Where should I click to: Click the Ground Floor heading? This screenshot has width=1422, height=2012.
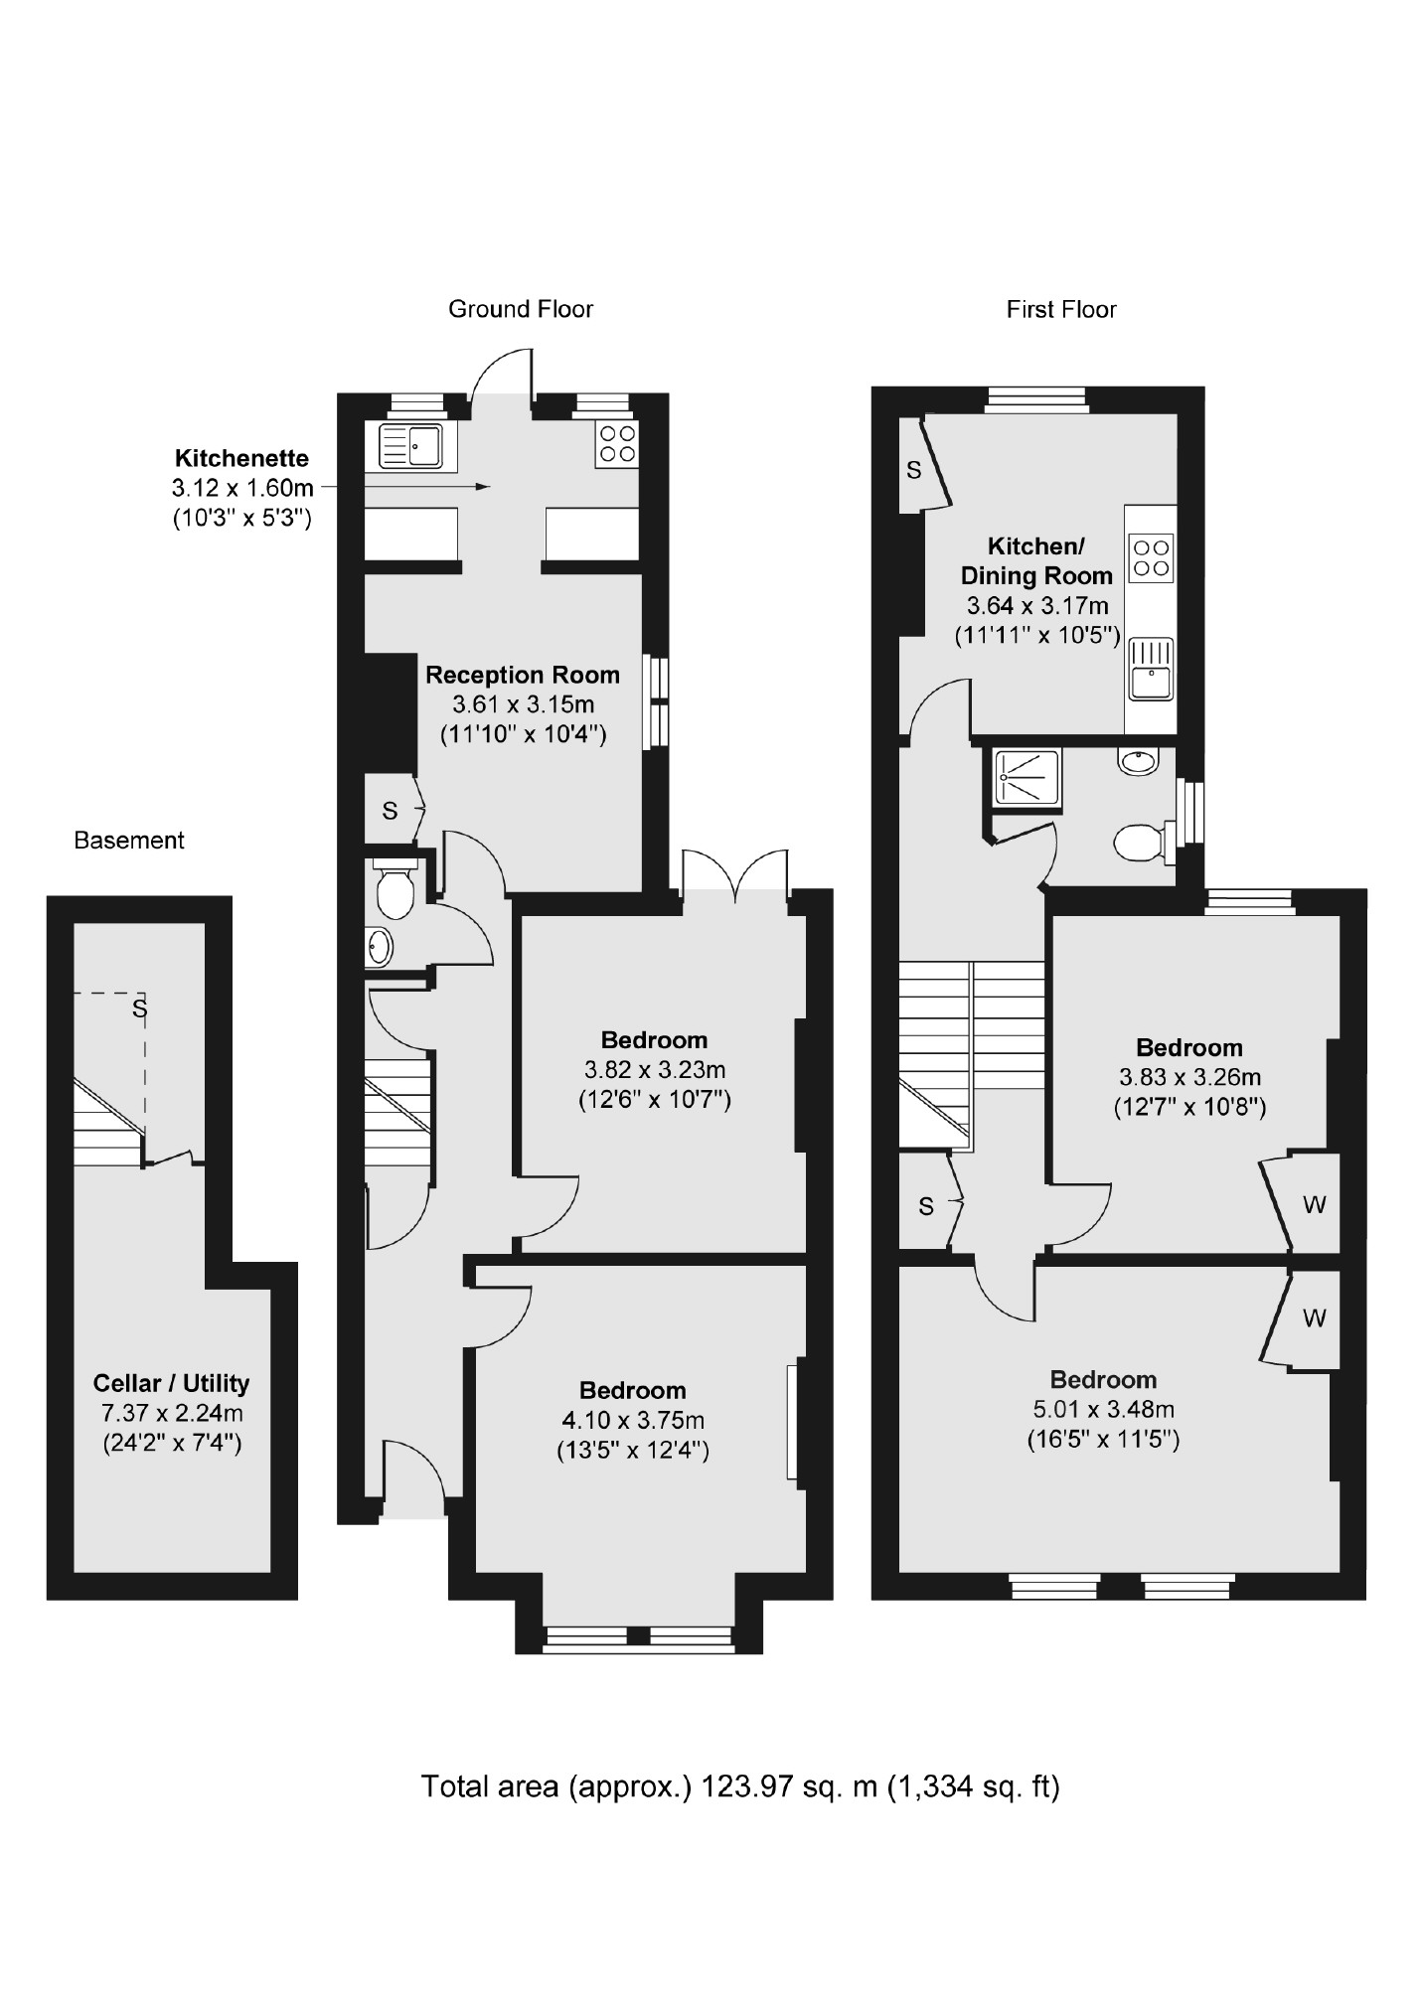coord(520,309)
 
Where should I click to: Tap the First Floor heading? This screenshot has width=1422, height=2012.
coord(1060,310)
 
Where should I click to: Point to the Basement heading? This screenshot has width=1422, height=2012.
coord(129,841)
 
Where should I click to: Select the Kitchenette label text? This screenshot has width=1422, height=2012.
coord(241,459)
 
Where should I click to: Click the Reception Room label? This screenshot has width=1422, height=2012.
coord(522,676)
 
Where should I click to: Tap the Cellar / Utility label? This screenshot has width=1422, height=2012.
coord(171,1383)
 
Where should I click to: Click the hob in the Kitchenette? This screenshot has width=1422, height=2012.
coord(616,443)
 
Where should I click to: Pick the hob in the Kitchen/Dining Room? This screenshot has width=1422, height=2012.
coord(1151,557)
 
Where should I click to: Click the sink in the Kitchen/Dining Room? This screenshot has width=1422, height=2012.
coord(1151,668)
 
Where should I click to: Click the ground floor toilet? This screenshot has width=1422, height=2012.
coord(395,892)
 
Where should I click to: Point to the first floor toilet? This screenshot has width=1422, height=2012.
coord(1140,844)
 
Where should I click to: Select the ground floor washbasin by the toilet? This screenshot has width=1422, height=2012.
coord(379,946)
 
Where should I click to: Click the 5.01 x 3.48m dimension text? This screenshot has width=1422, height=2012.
coord(1102,1410)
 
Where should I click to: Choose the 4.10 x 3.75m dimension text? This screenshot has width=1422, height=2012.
coord(632,1421)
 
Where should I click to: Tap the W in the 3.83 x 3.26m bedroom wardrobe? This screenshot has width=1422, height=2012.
coord(1314,1205)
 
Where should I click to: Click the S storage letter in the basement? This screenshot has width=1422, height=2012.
coord(140,1008)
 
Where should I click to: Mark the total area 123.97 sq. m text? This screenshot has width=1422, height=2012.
coord(739,1786)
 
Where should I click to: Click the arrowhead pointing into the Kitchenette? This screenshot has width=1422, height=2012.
coord(483,487)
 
